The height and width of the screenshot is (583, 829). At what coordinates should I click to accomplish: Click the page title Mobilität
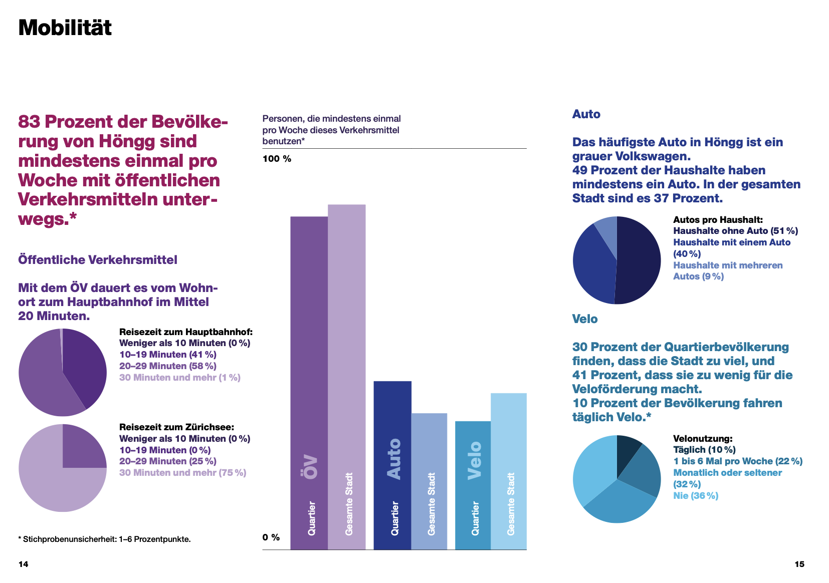65,28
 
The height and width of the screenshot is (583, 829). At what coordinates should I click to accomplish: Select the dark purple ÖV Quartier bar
309,383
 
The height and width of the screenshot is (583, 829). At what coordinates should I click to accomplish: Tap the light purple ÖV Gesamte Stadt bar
347,377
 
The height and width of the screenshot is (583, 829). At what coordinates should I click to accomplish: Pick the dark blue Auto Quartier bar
392,465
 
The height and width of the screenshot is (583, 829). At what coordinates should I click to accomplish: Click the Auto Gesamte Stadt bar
430,481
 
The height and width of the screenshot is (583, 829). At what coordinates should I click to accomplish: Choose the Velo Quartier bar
473,485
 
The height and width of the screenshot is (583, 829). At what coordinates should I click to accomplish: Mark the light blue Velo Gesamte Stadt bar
509,471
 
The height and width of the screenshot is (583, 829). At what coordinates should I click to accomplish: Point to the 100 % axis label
277,159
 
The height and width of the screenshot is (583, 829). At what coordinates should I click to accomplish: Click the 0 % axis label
271,537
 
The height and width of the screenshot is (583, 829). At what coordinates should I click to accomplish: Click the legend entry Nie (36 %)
696,496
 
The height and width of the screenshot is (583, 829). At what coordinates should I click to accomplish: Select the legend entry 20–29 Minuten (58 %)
167,366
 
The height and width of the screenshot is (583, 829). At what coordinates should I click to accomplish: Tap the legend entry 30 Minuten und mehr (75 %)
182,472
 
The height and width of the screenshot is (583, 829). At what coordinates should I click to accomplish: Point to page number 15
799,564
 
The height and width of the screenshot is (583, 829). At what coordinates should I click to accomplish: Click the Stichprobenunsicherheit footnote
104,539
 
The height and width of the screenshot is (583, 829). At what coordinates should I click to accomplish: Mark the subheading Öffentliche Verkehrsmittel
98,259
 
